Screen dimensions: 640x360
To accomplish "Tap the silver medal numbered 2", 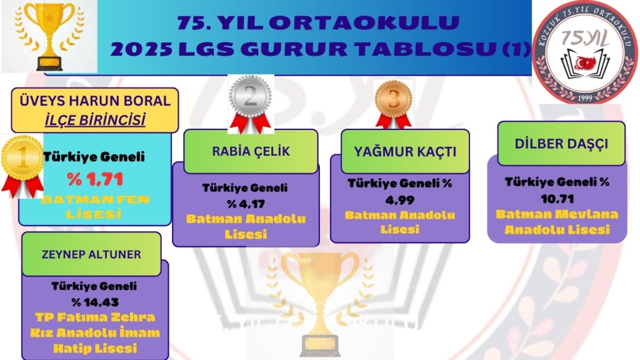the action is pyautogui.click(x=250, y=104).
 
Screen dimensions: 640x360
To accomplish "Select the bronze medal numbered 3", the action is pyautogui.click(x=394, y=104).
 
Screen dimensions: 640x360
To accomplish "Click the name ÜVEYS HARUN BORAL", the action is pyautogui.click(x=95, y=101).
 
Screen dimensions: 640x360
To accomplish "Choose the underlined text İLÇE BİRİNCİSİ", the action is pyautogui.click(x=95, y=120).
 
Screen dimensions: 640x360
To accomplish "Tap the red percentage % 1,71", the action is pyautogui.click(x=95, y=179).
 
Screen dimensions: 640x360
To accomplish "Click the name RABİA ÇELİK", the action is pyautogui.click(x=251, y=151).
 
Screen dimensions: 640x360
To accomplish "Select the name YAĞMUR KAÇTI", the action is pyautogui.click(x=405, y=152).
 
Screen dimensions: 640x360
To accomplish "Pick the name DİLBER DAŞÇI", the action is pyautogui.click(x=561, y=144).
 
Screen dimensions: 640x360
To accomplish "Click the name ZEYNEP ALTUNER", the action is pyautogui.click(x=91, y=254).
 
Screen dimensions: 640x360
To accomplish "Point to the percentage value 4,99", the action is pyautogui.click(x=399, y=200).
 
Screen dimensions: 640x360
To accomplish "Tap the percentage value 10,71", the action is pyautogui.click(x=557, y=199).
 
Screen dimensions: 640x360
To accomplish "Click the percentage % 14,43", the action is pyautogui.click(x=95, y=302).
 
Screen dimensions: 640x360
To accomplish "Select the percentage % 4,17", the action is pyautogui.click(x=246, y=203).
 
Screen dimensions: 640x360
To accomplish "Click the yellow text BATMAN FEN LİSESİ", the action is pyautogui.click(x=95, y=206).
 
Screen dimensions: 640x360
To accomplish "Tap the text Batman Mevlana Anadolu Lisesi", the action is pyautogui.click(x=557, y=222).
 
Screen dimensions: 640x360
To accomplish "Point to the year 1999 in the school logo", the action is pyautogui.click(x=584, y=98).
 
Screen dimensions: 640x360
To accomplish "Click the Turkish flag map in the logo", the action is pyautogui.click(x=585, y=63).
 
